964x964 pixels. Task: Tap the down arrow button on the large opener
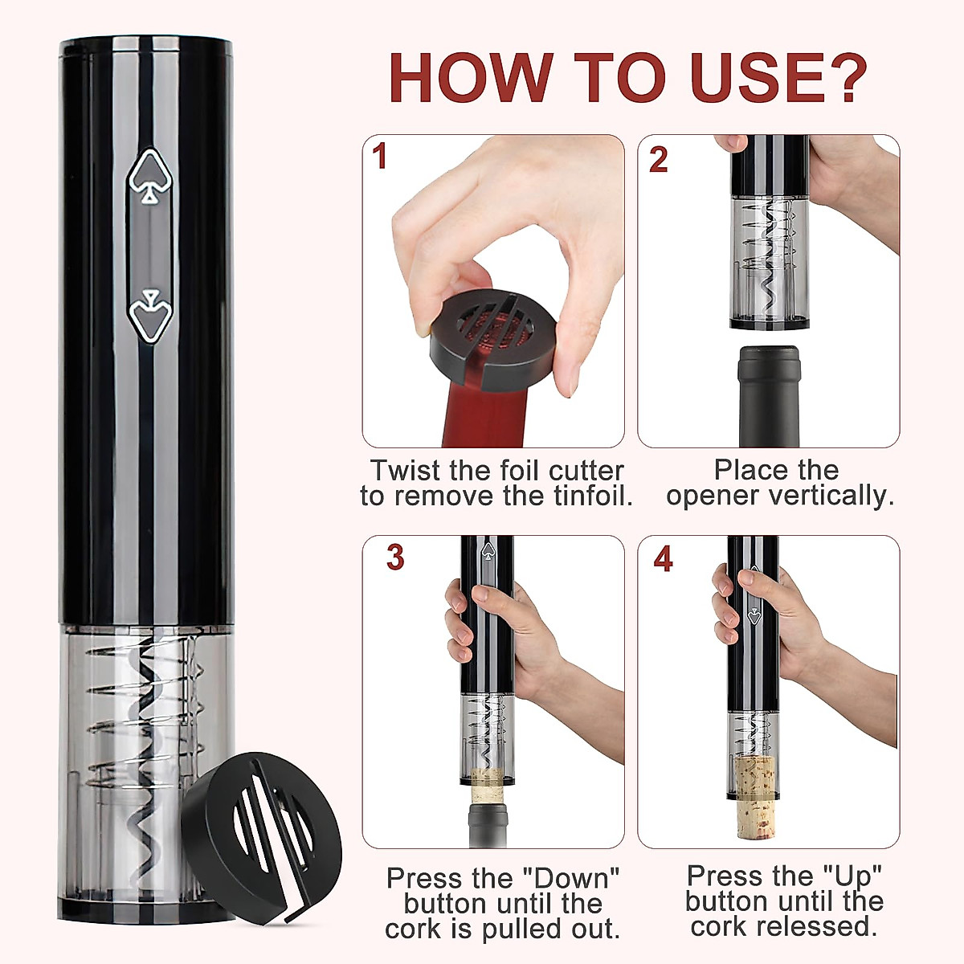point(149,315)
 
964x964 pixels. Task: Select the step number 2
point(658,159)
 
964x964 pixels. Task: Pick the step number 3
point(394,558)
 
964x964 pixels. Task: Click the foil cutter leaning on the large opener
point(262,823)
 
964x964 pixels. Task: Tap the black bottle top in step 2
point(769,394)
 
